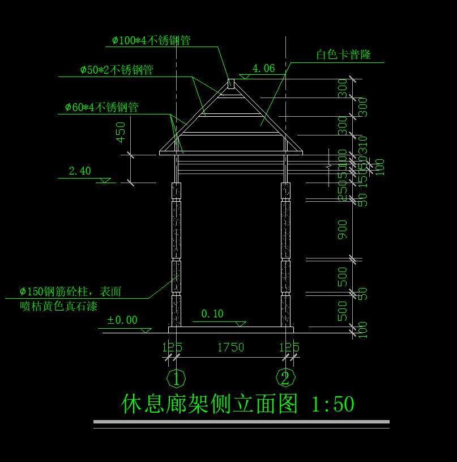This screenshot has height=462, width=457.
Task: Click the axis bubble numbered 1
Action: (x=176, y=378)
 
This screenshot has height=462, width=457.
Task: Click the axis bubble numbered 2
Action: (x=285, y=378)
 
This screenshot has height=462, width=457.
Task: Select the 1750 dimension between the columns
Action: (x=230, y=347)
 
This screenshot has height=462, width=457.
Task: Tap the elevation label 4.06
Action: (x=263, y=69)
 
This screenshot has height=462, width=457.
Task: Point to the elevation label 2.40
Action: (x=79, y=171)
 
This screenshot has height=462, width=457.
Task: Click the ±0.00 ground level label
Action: (x=122, y=320)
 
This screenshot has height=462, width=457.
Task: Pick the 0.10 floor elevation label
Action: (x=212, y=313)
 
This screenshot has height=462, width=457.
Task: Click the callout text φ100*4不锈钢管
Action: (x=151, y=40)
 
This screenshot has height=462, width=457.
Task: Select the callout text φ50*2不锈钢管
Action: (x=117, y=70)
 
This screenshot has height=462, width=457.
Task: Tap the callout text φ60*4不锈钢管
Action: (x=101, y=107)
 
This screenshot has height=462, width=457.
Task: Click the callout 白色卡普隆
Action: (x=343, y=55)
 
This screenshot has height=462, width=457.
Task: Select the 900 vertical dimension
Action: (x=343, y=230)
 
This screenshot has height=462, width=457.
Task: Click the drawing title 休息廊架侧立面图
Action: (x=210, y=404)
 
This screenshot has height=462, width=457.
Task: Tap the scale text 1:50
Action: (x=333, y=404)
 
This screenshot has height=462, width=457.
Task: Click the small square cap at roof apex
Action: (x=230, y=83)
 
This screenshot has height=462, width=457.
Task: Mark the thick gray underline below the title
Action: (x=241, y=422)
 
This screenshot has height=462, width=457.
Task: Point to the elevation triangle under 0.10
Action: (x=241, y=324)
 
